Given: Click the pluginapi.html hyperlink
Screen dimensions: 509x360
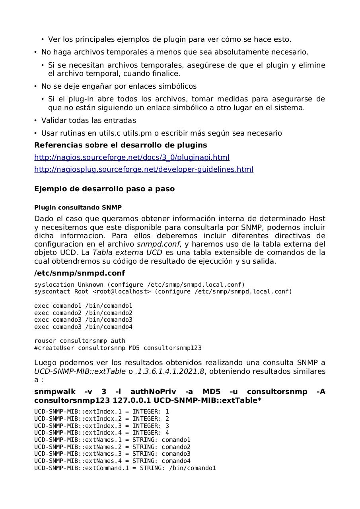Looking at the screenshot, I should click(132, 157).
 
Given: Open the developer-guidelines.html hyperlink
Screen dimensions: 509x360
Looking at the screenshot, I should click(144, 169).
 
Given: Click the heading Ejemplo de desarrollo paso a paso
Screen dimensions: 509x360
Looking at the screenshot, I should click(104, 189).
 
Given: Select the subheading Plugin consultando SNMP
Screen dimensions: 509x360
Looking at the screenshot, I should click(78, 208).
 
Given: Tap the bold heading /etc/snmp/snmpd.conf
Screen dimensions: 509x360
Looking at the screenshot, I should click(80, 273).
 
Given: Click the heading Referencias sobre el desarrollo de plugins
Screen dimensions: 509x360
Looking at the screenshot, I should click(121, 145).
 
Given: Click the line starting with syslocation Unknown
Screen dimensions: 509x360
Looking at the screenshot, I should click(139, 285).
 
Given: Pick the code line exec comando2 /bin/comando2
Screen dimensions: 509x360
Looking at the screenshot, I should click(83, 313).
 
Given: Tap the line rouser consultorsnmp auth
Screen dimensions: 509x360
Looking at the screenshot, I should click(80, 341).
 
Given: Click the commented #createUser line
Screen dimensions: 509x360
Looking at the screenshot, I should click(118, 348).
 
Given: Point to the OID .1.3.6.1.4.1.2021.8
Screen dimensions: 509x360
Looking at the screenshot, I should click(169, 371).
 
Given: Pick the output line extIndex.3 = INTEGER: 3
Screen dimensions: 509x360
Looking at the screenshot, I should click(101, 425).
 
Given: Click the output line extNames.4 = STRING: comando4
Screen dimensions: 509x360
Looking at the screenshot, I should click(112, 461).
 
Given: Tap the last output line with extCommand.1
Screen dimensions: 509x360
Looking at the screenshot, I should click(125, 468).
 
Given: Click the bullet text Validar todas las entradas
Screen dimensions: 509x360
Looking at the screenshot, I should click(89, 120).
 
